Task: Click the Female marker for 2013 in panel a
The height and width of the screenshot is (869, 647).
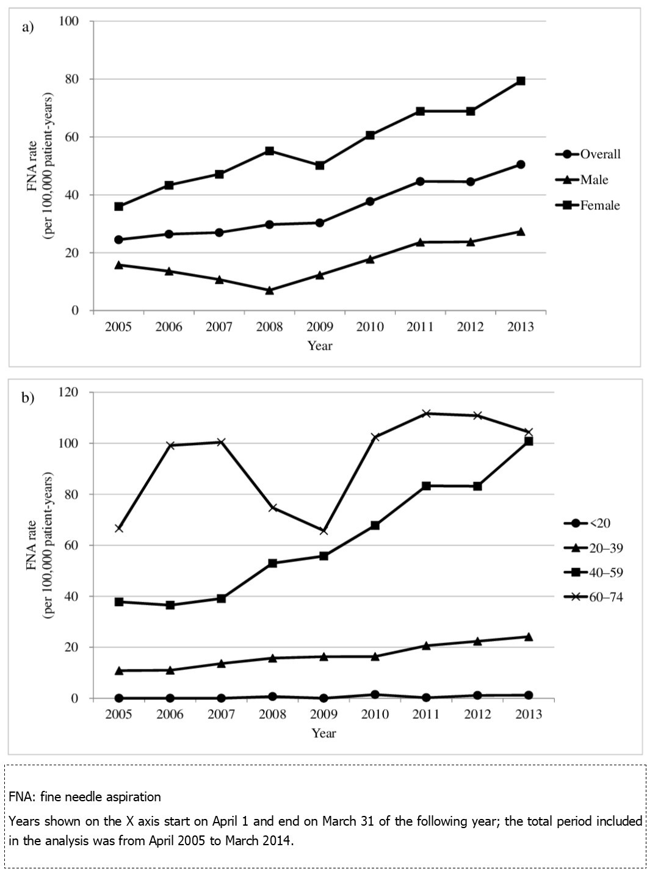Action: (521, 81)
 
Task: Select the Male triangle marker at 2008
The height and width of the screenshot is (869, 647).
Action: (269, 290)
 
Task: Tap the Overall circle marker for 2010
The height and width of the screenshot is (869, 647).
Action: (370, 201)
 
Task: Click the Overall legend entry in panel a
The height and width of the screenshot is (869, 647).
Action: (588, 154)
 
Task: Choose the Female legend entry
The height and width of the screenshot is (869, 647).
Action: (588, 205)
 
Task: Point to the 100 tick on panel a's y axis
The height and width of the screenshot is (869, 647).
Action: (69, 21)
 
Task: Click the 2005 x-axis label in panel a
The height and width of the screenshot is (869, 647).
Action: (118, 327)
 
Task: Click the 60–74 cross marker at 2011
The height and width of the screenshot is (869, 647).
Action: (427, 413)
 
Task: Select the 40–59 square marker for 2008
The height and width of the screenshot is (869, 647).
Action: (273, 563)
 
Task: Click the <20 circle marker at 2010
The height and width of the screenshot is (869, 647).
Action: (375, 694)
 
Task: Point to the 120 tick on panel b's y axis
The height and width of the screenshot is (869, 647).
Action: (69, 392)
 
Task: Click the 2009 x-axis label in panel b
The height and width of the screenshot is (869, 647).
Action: (323, 715)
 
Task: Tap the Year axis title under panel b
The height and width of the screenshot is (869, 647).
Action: (323, 733)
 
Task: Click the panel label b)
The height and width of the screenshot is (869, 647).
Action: (28, 398)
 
